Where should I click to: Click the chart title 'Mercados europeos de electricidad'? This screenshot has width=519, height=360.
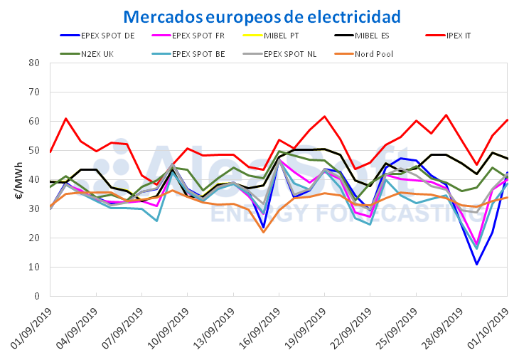tap(262, 16)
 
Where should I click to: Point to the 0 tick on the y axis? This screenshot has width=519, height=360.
tap(37, 296)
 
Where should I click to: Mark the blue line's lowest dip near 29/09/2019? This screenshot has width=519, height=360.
tap(476, 265)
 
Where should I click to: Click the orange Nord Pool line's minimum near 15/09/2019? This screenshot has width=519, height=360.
tap(264, 232)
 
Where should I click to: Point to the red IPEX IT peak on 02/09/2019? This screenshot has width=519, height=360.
tap(65, 119)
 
